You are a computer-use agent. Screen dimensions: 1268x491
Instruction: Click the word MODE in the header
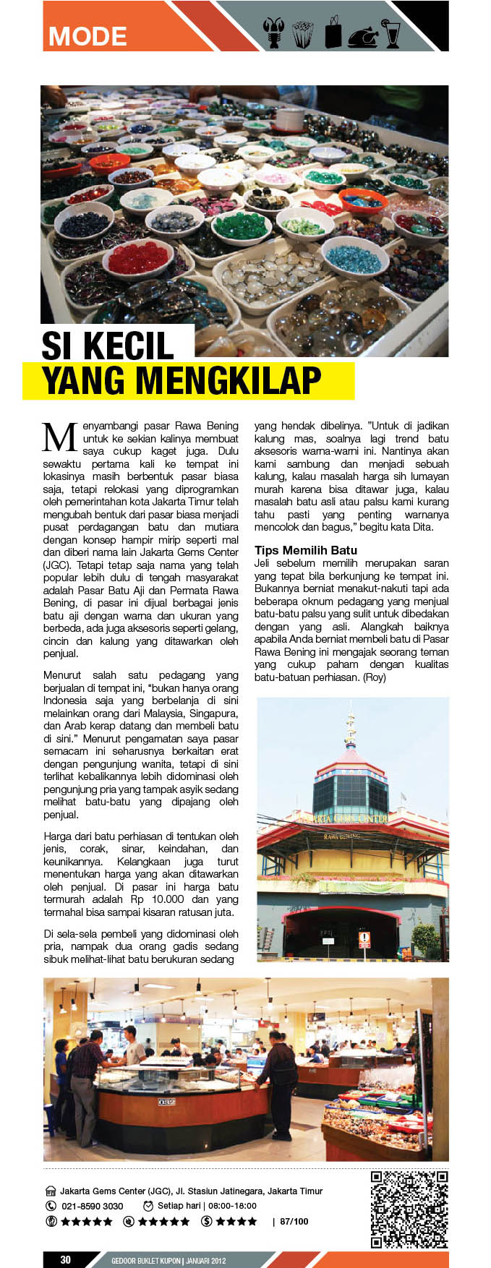coord(87,36)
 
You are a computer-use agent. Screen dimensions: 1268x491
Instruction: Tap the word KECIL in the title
coord(129,346)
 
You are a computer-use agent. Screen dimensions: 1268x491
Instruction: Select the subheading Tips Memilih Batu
coord(306,550)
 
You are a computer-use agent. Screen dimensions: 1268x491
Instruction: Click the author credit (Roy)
coord(375,677)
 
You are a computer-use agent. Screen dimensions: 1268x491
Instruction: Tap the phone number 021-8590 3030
coord(92,1206)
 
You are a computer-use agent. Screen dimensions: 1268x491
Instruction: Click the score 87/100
coord(294,1222)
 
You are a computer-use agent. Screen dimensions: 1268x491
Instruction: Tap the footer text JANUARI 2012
coord(205,1261)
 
